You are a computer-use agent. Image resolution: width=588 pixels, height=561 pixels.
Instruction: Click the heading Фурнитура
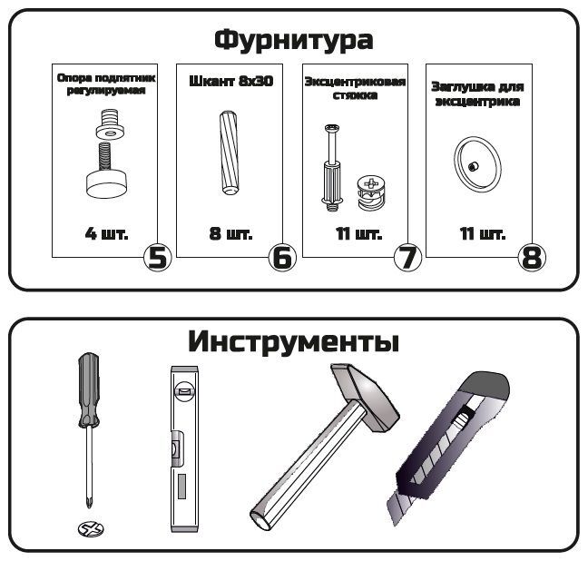[294, 40]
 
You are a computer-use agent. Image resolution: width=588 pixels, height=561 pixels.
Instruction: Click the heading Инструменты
[294, 341]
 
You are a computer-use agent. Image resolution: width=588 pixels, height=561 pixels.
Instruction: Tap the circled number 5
[158, 258]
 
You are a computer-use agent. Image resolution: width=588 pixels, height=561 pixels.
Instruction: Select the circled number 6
[282, 258]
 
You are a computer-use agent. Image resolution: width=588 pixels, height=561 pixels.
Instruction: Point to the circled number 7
[407, 258]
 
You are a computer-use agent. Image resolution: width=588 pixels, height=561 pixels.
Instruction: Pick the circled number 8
[532, 258]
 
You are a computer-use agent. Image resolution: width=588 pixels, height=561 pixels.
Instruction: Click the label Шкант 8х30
[230, 82]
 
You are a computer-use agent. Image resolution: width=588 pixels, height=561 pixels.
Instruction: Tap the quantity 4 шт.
[106, 233]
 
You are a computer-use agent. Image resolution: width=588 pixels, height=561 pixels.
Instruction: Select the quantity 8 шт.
[230, 233]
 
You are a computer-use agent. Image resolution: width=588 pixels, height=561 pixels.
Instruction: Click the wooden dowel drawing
[230, 153]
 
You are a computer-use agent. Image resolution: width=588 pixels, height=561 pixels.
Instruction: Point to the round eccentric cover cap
[477, 164]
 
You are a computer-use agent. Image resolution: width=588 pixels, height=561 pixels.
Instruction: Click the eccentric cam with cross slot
[369, 192]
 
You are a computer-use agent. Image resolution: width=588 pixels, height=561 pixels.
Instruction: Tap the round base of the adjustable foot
[106, 183]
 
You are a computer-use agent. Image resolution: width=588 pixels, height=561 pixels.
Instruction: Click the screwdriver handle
[89, 390]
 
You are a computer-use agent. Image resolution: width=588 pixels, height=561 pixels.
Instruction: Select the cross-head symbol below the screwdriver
[91, 529]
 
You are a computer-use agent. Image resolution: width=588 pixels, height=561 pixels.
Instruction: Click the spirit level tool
[184, 449]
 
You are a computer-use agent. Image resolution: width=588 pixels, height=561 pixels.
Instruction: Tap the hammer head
[366, 397]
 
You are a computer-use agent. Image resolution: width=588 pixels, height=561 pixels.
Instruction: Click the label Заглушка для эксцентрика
[477, 93]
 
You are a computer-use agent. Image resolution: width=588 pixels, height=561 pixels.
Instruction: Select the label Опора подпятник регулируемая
[106, 84]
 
